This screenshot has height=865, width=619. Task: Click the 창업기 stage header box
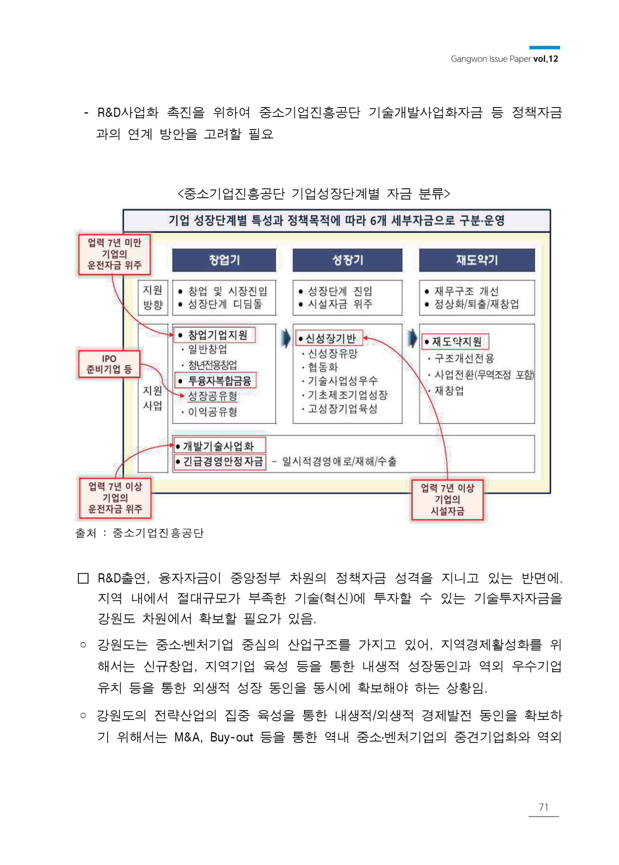click(224, 260)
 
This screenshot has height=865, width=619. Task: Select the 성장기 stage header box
click(347, 260)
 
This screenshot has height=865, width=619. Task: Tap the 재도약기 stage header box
click(477, 260)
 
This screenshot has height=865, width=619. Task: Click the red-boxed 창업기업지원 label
click(214, 335)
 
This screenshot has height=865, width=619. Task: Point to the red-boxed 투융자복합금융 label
click(216, 380)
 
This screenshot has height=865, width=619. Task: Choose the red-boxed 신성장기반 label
click(329, 338)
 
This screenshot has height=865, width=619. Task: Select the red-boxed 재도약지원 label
click(455, 342)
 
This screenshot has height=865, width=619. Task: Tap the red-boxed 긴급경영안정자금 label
click(220, 462)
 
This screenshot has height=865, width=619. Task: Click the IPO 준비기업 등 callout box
click(109, 364)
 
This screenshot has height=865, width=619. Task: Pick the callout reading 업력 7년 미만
click(114, 254)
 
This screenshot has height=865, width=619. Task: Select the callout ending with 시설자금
click(448, 499)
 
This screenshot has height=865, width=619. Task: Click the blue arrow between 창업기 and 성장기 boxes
click(285, 338)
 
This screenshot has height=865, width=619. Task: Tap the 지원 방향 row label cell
click(153, 298)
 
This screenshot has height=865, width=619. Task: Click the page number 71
click(544, 807)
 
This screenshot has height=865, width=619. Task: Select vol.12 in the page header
click(546, 59)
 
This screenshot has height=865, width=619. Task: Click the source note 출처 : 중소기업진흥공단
click(139, 533)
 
